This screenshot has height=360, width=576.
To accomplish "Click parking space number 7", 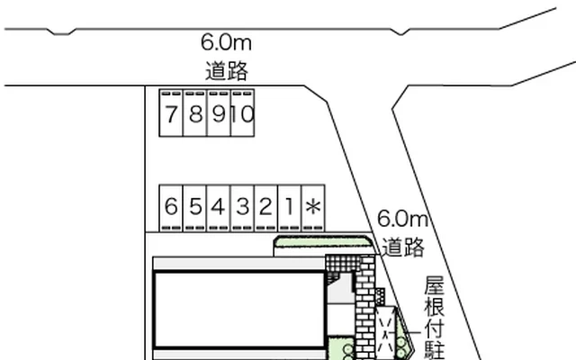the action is click(171, 113).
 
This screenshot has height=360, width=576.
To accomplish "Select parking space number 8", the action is click(195, 113).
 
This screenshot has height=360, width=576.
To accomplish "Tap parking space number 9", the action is click(219, 113).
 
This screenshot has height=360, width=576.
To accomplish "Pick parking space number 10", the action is click(242, 113).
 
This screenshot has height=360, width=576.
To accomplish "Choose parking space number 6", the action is click(171, 208).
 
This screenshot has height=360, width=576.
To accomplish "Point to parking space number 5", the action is click(195, 208).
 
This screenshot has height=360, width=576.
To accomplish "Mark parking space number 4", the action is click(219, 208).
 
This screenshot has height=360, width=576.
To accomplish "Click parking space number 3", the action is click(242, 208).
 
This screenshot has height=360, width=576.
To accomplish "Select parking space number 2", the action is click(266, 208).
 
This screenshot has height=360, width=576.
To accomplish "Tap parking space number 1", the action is click(290, 208).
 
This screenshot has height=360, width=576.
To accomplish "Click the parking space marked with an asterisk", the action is click(313, 208).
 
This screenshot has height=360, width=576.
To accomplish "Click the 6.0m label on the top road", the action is click(226, 42).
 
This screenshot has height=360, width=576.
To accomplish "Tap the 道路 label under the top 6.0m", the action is click(227, 70).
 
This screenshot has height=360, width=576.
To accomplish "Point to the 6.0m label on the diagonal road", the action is click(402, 219).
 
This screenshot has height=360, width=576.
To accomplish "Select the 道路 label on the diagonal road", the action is click(403, 247).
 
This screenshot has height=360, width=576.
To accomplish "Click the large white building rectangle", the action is click(239, 310).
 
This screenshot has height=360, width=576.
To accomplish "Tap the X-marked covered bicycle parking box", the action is click(386, 333).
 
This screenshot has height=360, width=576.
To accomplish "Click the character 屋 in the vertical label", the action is click(435, 285).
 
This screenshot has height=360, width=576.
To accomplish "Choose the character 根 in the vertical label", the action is click(435, 306).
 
